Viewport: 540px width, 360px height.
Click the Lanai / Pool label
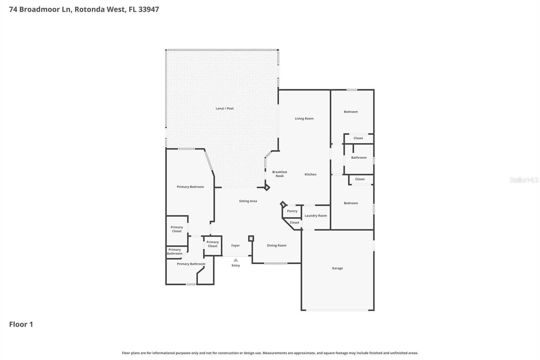pyautogui.click(x=224, y=108)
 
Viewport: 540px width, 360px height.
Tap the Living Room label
pyautogui.click(x=304, y=119)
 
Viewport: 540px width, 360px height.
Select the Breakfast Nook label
pyautogui.click(x=279, y=174)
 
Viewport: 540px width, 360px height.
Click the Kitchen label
pyautogui.click(x=310, y=174)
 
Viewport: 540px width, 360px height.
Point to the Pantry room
pyautogui.click(x=292, y=211)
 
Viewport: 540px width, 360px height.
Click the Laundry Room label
pyautogui.click(x=316, y=216)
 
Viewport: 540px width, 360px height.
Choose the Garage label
pyautogui.click(x=337, y=268)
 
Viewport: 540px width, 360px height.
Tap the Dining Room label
pyautogui.click(x=276, y=246)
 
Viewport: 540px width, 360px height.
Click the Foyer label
pyautogui.click(x=235, y=246)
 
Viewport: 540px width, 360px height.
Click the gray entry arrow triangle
pyautogui.click(x=236, y=260)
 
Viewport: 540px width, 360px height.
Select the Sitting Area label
pyautogui.click(x=248, y=201)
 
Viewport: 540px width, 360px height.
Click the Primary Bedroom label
pyautogui.click(x=190, y=187)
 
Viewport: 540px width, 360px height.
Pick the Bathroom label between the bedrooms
pyautogui.click(x=359, y=157)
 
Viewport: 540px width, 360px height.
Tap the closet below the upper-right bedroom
pyautogui.click(x=358, y=138)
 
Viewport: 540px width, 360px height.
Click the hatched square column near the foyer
pyautogui.click(x=251, y=238)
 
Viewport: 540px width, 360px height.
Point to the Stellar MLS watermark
pyautogui.click(x=524, y=180)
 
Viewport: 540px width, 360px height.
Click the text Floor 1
pyautogui.click(x=21, y=324)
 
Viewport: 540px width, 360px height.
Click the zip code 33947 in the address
pyautogui.click(x=148, y=9)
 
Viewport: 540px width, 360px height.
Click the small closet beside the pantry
pyautogui.click(x=294, y=223)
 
